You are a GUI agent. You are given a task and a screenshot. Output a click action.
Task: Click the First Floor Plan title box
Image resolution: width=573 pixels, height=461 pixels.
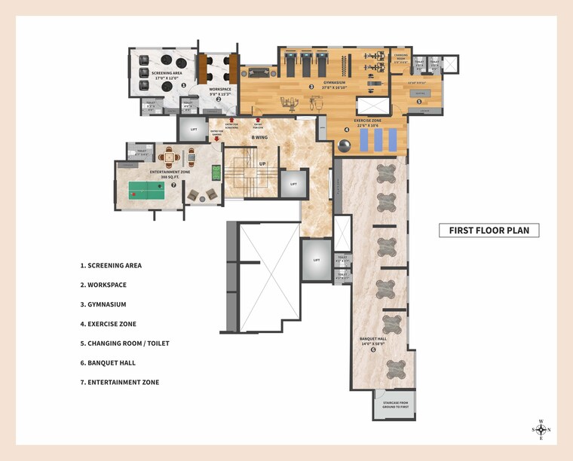tap(489, 230)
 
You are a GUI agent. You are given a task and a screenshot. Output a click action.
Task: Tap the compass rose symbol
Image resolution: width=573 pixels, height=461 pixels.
tap(541, 429)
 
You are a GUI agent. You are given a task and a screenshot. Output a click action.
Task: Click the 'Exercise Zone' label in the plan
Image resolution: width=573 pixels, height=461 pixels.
tap(369, 121)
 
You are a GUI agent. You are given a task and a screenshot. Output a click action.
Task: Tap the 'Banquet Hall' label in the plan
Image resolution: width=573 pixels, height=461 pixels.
tap(373, 339)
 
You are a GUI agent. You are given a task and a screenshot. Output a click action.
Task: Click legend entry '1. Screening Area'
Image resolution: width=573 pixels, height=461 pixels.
tap(111, 265)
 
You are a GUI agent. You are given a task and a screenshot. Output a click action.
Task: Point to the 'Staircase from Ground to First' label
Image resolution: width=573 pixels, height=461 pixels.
tap(394, 406)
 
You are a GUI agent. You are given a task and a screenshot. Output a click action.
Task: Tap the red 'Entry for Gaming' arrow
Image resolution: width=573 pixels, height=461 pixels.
tap(217, 139)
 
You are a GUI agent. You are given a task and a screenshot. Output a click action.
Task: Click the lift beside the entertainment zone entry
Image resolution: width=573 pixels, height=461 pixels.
tap(194, 130)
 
